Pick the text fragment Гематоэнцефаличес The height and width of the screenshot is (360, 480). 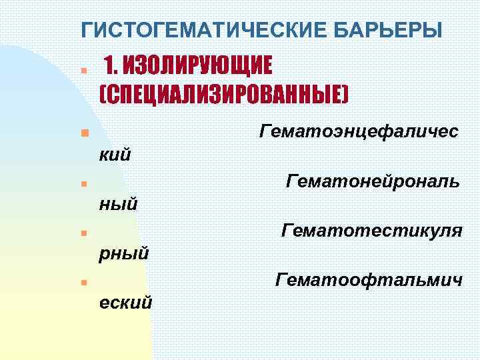pyautogui.click(x=359, y=131)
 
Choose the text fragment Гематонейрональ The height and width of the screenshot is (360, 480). pyautogui.click(x=372, y=181)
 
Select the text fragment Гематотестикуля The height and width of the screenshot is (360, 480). pyautogui.click(x=371, y=231)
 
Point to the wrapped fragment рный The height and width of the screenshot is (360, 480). pyautogui.click(x=123, y=254)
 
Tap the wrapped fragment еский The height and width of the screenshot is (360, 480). pyautogui.click(x=125, y=303)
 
